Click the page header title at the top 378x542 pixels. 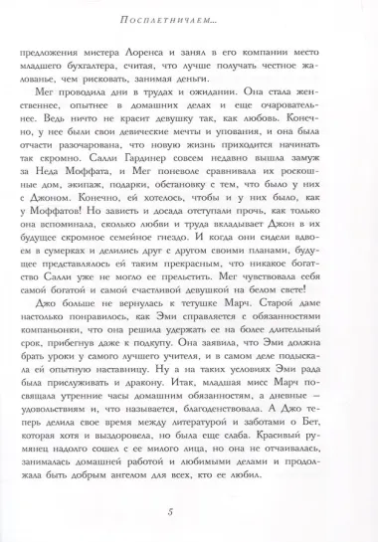[x=189, y=18]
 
